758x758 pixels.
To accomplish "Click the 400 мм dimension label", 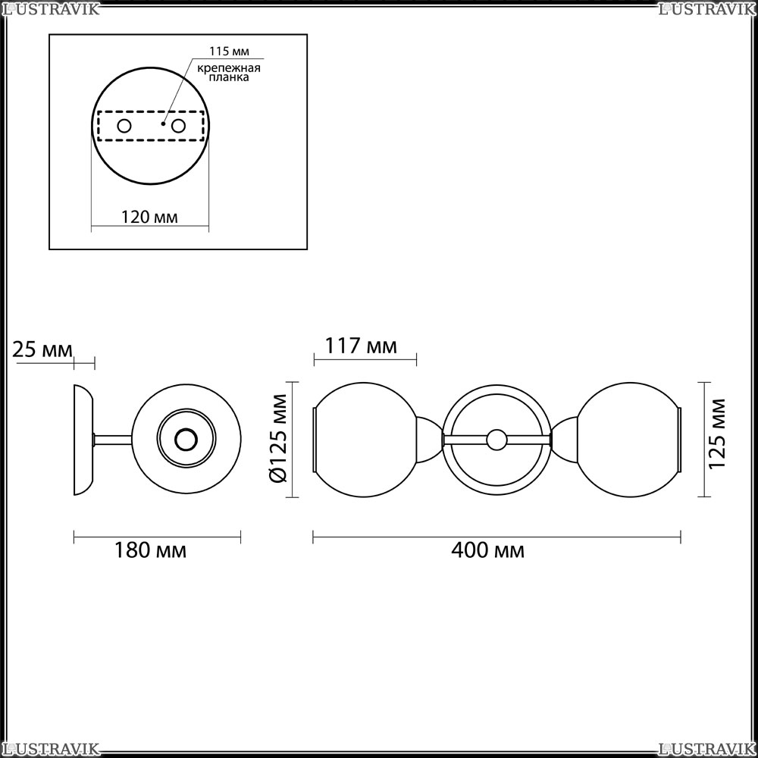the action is (487, 550).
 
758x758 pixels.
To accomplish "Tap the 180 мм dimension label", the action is (150, 550).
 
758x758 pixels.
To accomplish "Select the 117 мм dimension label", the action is (361, 346).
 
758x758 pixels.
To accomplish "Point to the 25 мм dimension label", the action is (42, 349).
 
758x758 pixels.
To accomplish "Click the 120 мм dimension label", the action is (149, 217).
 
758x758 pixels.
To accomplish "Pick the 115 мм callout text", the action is (229, 52).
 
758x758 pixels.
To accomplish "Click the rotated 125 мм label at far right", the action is (717, 434).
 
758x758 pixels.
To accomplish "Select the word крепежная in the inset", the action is (229, 67).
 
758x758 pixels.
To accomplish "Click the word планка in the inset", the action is (229, 77).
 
